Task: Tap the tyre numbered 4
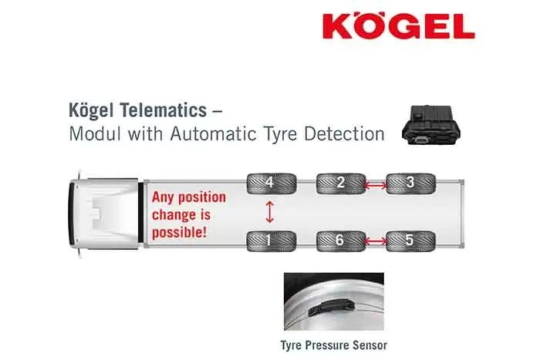(269, 183)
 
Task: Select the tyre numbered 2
(340, 183)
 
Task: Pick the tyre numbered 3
(410, 183)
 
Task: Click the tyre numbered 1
(269, 241)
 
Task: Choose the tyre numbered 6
(340, 241)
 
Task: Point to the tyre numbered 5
(410, 241)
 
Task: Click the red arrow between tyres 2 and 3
(376, 184)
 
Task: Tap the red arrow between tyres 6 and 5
(376, 241)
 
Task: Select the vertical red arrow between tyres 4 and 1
(269, 212)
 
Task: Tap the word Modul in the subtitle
(92, 133)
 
